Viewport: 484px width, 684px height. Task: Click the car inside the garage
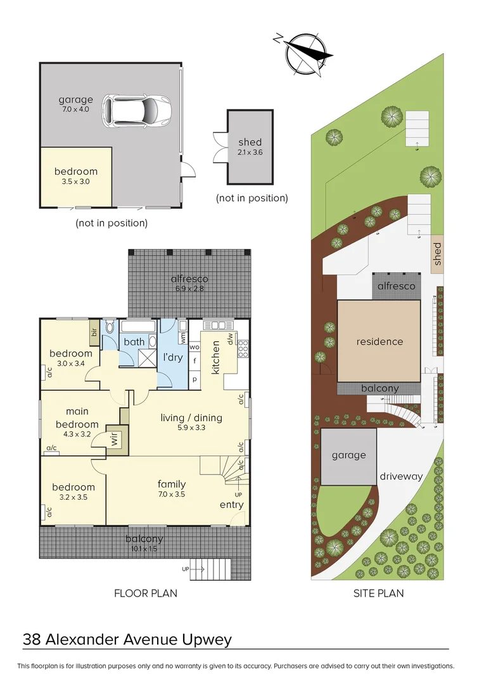tap(137, 110)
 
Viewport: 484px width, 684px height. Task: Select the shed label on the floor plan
tap(250, 142)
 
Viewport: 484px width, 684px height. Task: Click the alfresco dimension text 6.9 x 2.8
tap(189, 289)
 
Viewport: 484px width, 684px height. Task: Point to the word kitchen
tap(215, 357)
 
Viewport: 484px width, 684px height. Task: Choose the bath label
tap(134, 342)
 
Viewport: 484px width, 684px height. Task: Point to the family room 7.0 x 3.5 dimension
tap(171, 495)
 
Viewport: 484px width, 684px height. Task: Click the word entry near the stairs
tap(231, 505)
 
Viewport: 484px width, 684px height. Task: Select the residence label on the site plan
tap(379, 341)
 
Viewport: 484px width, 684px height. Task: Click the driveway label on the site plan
tap(400, 476)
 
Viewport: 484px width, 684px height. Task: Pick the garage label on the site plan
tap(348, 455)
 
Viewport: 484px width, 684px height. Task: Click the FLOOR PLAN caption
tap(146, 593)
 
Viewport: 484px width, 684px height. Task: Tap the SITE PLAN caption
tap(378, 593)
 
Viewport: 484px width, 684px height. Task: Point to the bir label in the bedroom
tap(94, 332)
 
